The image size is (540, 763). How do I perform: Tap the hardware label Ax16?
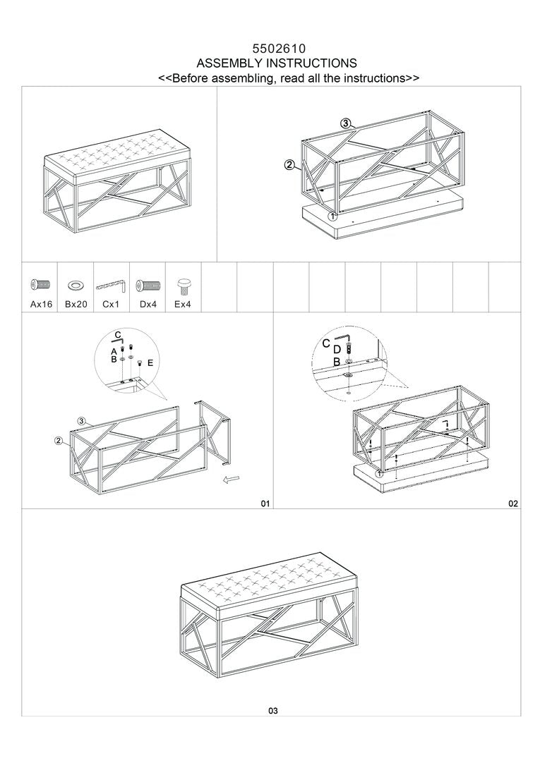41,305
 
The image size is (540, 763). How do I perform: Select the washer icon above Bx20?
76,286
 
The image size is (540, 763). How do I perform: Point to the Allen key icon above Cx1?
112,286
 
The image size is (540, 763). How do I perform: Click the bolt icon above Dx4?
148,286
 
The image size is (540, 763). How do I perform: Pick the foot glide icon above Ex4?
184,284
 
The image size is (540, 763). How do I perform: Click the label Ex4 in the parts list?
183,305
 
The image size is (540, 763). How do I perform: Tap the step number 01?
265,503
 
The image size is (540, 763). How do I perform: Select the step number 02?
513,503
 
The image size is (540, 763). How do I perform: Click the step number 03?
273,711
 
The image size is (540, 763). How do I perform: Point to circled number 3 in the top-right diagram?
345,123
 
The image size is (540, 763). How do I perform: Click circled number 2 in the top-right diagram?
289,166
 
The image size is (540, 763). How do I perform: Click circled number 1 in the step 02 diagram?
379,474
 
